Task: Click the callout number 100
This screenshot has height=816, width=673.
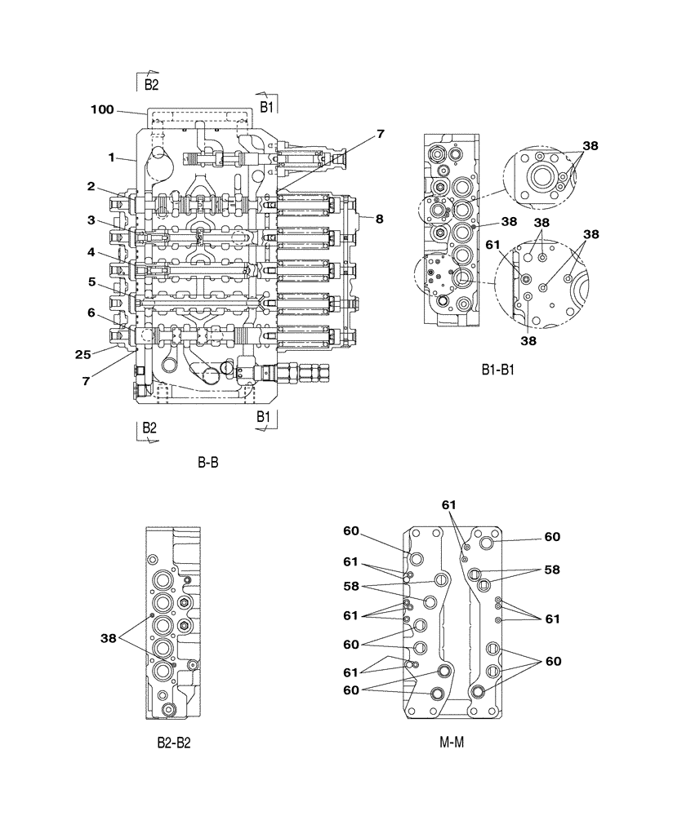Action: [x=104, y=109]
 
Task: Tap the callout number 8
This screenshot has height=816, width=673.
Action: [x=380, y=218]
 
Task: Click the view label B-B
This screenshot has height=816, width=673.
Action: [x=207, y=462]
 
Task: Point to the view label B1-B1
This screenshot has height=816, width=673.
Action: [x=499, y=370]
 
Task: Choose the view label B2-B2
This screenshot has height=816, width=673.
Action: [x=174, y=743]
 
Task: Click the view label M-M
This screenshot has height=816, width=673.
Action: [x=452, y=743]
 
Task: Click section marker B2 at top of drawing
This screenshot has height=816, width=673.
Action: [x=151, y=84]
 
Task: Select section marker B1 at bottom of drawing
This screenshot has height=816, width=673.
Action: [x=263, y=417]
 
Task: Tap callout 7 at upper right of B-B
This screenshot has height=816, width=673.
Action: [x=381, y=134]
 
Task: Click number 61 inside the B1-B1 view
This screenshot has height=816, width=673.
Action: [x=492, y=243]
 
